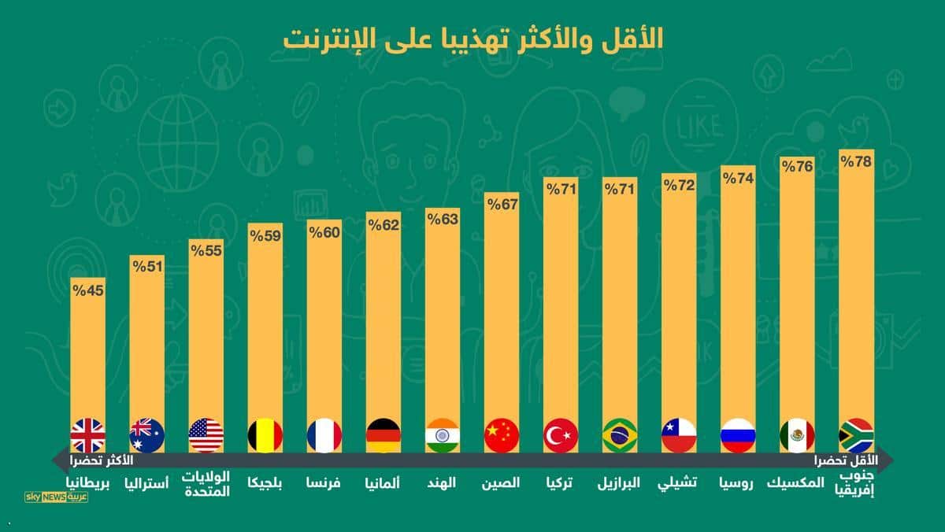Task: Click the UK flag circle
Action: point(87,435)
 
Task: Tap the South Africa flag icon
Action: point(856,435)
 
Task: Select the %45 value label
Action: point(87,290)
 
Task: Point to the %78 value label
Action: point(856,162)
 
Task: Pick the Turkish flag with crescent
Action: point(561,435)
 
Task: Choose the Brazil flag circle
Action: point(620,435)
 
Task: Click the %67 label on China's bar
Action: point(502,205)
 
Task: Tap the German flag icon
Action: point(384,435)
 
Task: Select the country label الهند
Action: point(442,482)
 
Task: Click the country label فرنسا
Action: point(324,482)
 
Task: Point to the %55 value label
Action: point(206,252)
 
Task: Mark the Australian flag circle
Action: point(146,435)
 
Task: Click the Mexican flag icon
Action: point(797,435)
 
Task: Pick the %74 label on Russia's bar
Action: point(738,178)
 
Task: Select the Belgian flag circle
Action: point(265,435)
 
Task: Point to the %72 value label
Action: point(679,186)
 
